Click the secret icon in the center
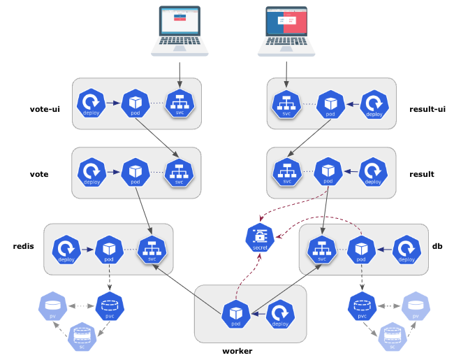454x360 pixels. pos(260,238)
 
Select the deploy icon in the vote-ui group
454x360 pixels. pos(91,103)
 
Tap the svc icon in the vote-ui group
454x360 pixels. pos(179,103)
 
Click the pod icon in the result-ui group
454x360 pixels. pos(330,103)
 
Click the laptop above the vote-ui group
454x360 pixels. pos(180,31)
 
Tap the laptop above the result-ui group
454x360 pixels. pos(286,31)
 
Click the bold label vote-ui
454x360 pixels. pos(45,109)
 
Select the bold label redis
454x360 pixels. pos(24,247)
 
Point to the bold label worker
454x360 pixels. pos(237,350)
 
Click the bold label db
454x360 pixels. pos(437,246)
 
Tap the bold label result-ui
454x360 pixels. pos(427,109)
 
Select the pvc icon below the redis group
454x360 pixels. pos(109,307)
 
